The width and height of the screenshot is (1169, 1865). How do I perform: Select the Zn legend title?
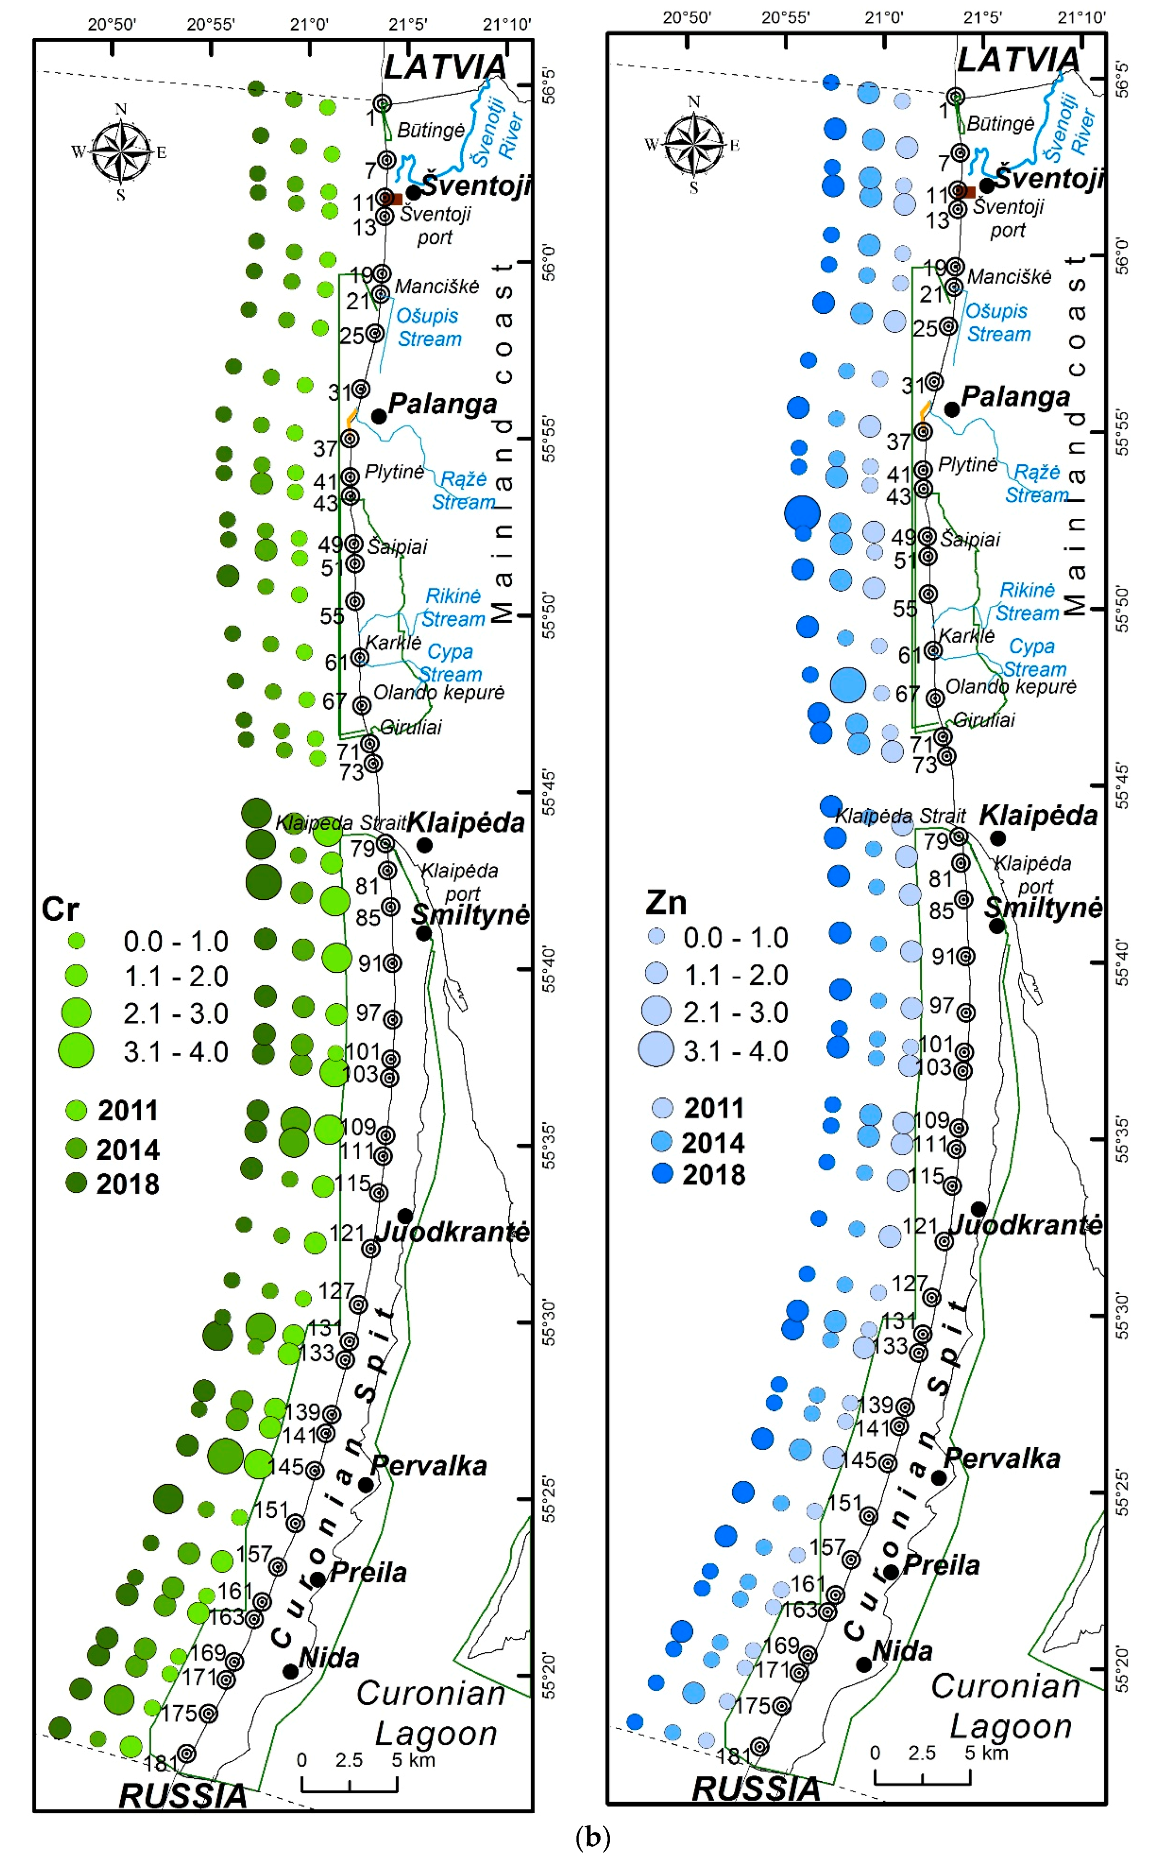point(666,903)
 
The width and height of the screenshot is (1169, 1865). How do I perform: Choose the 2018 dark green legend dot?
point(76,1183)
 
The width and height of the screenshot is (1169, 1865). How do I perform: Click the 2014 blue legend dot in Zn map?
point(663,1141)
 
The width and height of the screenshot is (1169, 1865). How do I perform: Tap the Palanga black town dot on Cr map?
point(379,416)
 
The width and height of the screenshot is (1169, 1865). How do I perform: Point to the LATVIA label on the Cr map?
point(446,67)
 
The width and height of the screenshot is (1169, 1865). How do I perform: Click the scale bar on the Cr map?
point(350,1784)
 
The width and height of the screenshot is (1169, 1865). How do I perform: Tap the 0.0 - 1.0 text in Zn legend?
point(735,938)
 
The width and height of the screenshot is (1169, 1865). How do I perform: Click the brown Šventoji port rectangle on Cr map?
point(396,199)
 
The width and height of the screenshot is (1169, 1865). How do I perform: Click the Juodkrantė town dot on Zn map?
point(979,1208)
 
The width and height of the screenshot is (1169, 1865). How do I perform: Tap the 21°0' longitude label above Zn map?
point(884,17)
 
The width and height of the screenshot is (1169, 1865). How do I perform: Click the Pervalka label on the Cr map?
point(429,1466)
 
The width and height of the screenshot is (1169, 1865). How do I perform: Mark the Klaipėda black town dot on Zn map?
point(998,837)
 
